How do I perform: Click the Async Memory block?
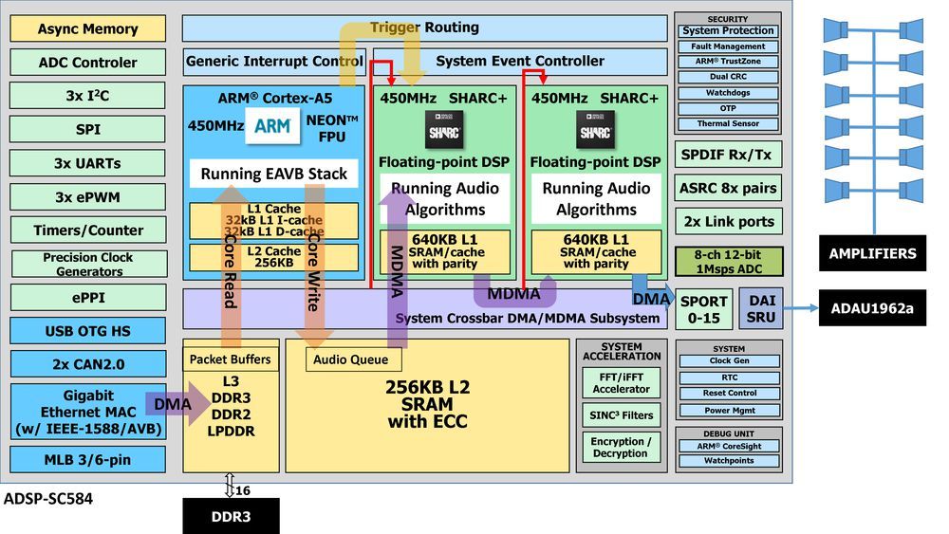coord(87,28)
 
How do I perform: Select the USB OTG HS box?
coord(87,331)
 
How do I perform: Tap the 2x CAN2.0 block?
coord(87,364)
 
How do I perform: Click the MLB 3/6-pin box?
coord(87,459)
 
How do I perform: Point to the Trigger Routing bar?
coord(424,28)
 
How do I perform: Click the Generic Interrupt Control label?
coord(274,62)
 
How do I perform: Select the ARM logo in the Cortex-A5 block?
coord(273,126)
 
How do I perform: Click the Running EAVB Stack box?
coord(273,174)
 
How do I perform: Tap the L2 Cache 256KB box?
coord(273,257)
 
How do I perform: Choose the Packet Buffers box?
coord(230,359)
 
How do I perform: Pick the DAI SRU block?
coord(761,309)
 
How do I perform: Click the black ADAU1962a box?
coord(872,308)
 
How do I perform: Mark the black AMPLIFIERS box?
coord(872,253)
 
